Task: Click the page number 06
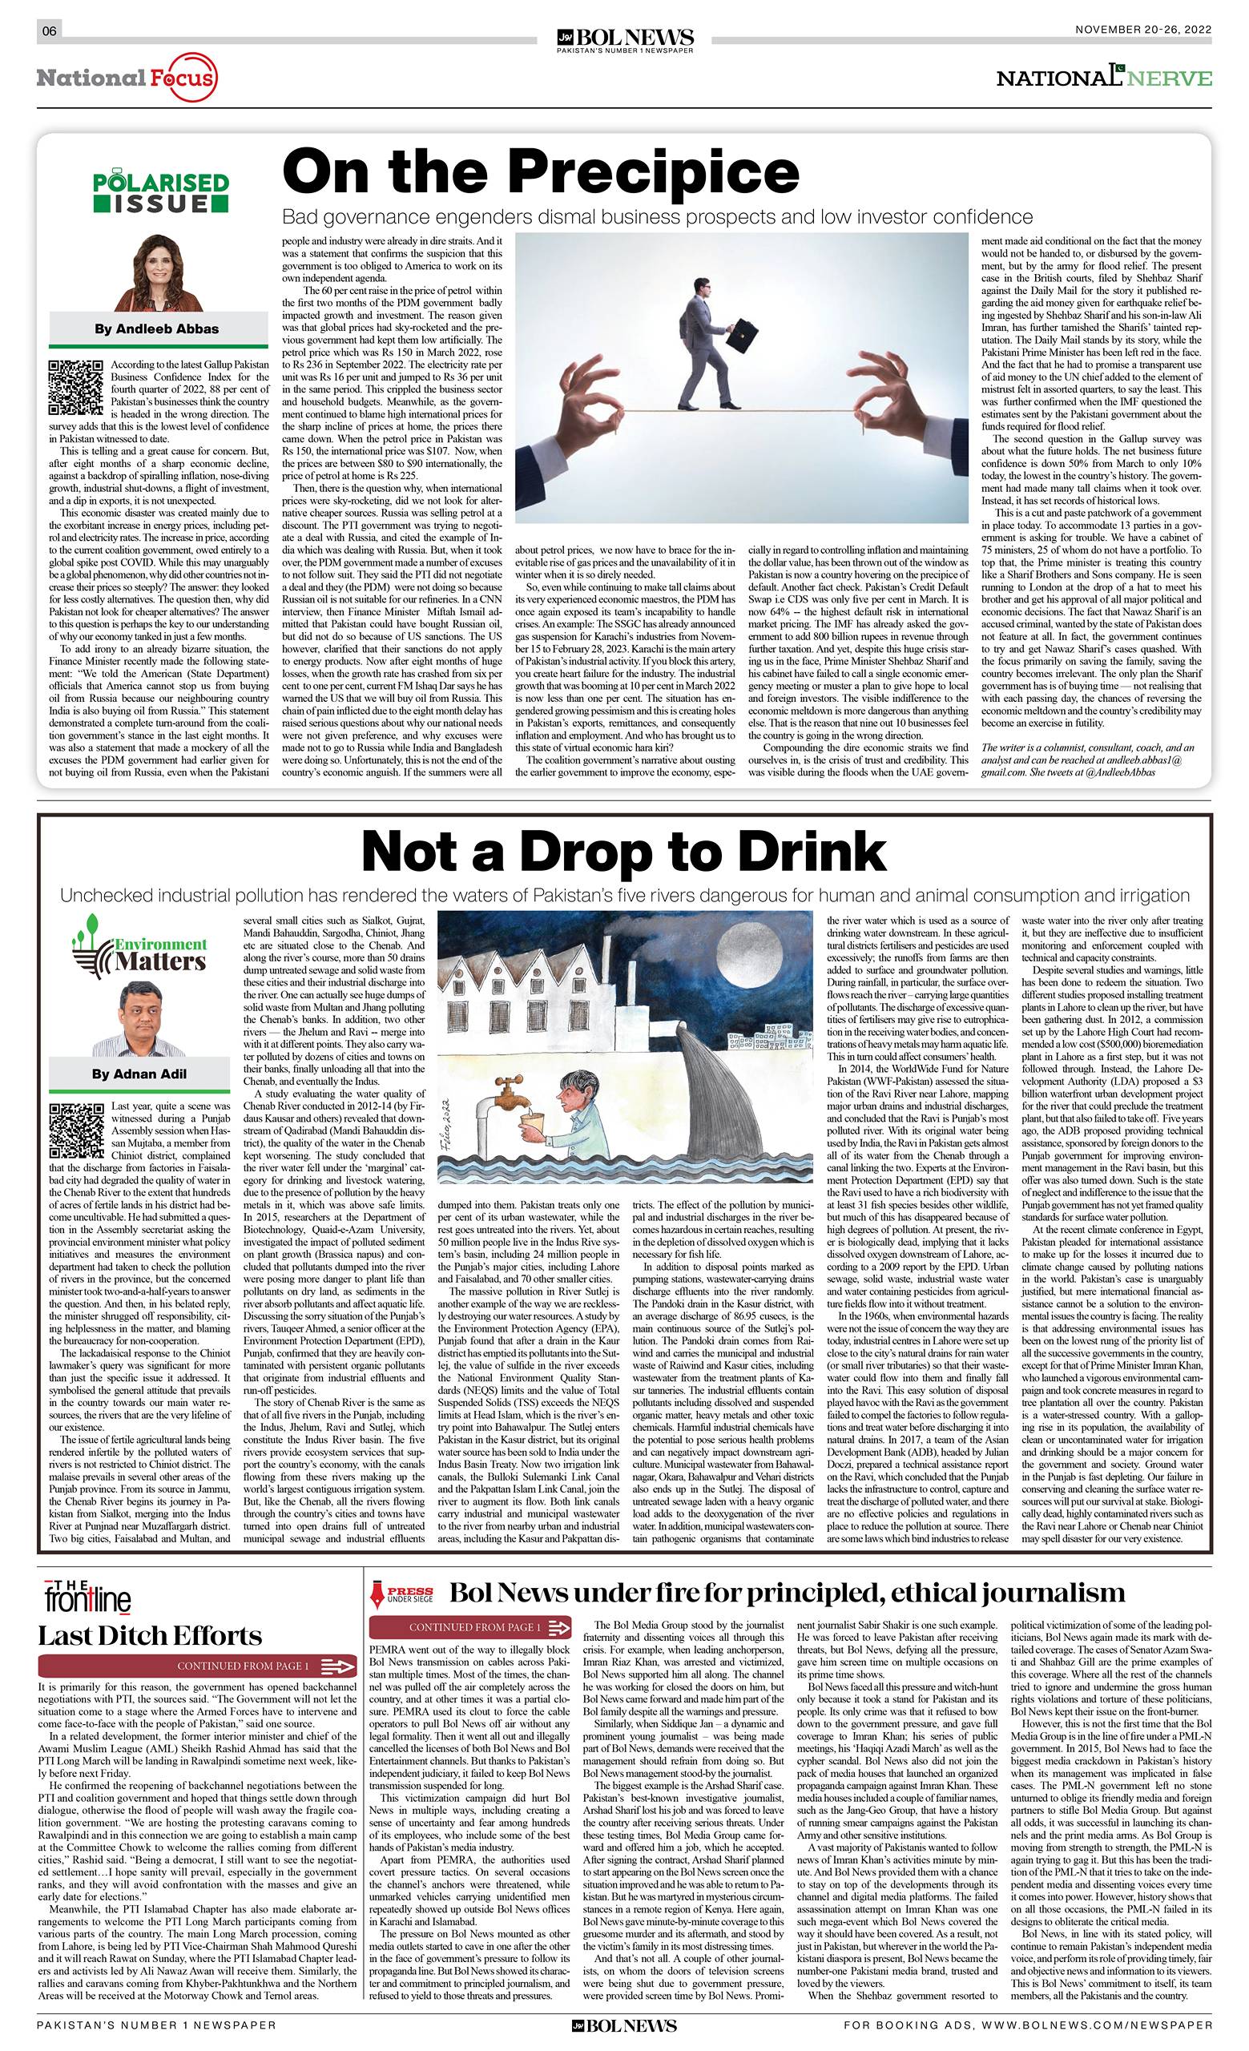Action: pyautogui.click(x=49, y=30)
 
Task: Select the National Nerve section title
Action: pyautogui.click(x=1104, y=79)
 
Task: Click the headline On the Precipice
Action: pyautogui.click(x=541, y=171)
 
